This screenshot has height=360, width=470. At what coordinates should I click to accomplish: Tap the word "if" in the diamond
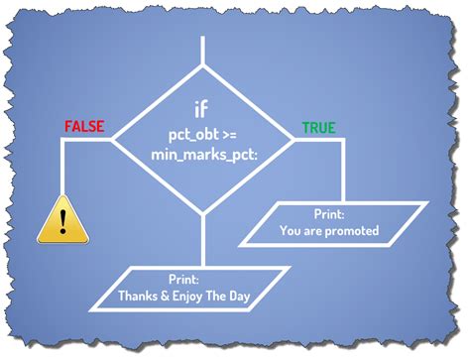tap(201, 109)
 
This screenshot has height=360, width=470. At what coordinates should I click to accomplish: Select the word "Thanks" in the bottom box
tap(138, 295)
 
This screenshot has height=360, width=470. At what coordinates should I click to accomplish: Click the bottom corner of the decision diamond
tap(201, 211)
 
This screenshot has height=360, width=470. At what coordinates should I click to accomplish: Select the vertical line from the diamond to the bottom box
tap(201, 238)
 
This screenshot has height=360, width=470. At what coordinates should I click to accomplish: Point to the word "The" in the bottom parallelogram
tap(229, 295)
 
